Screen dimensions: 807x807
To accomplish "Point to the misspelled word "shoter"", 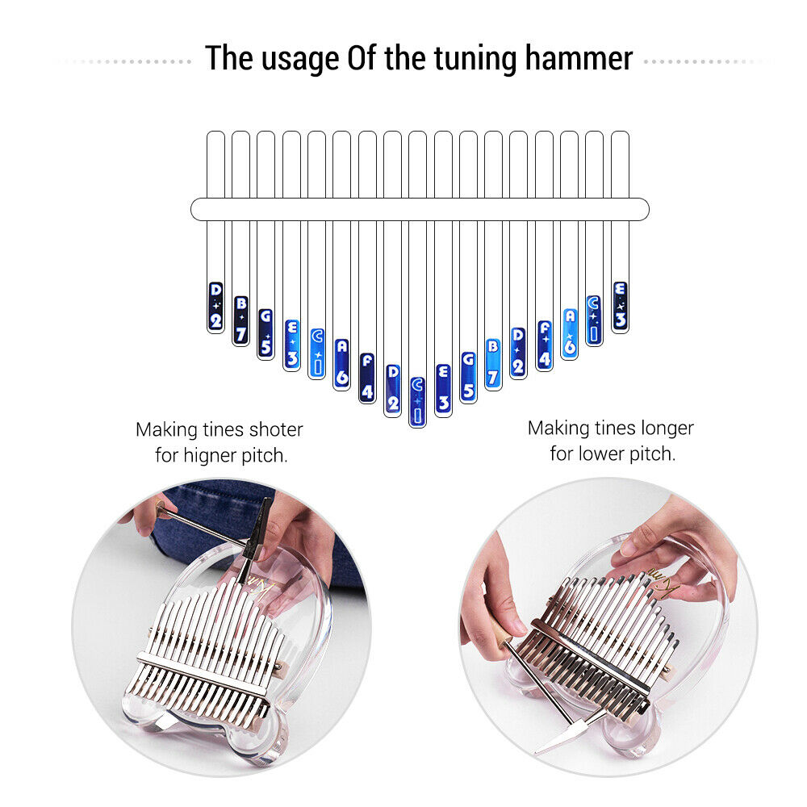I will pos(275,429).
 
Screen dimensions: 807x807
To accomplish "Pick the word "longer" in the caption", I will pos(666,428).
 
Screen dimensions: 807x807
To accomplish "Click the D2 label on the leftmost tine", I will pos(215,307).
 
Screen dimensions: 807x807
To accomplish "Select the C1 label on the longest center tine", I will pos(416,401).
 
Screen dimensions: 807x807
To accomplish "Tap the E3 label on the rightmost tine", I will pos(620,306).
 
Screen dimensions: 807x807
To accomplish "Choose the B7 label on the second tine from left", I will pos(240,320).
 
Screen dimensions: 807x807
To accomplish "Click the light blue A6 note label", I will pos(570,333).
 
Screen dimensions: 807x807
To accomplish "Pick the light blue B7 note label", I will pos(493,363).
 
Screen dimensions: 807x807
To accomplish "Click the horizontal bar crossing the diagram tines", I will pos(420,209).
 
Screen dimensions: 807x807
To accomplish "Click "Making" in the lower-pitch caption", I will pos(554,428).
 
